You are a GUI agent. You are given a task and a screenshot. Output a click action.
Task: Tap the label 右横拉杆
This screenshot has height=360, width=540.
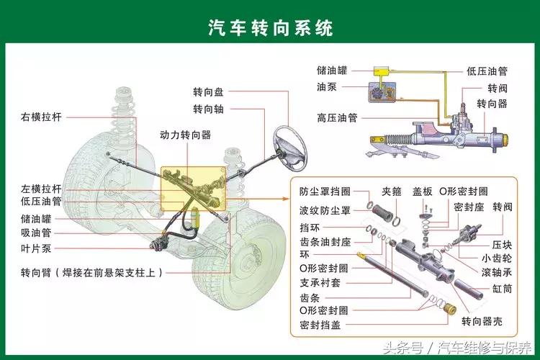click(41, 117)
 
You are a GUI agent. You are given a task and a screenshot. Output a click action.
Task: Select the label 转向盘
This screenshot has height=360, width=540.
click(208, 93)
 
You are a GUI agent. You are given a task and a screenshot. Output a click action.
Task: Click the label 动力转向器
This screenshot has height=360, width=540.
click(185, 135)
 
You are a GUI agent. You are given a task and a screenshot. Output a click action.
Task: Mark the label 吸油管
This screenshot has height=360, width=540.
click(36, 233)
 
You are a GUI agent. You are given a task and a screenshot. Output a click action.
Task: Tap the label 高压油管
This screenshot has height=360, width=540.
click(337, 117)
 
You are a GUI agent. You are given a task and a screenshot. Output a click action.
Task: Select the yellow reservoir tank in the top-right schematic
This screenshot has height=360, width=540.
click(380, 71)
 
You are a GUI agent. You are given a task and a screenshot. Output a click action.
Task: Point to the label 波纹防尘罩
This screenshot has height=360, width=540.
click(325, 210)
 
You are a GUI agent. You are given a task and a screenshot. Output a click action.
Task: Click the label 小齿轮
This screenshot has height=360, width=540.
click(497, 257)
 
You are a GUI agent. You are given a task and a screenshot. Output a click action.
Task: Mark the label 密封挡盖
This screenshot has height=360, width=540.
click(320, 325)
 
